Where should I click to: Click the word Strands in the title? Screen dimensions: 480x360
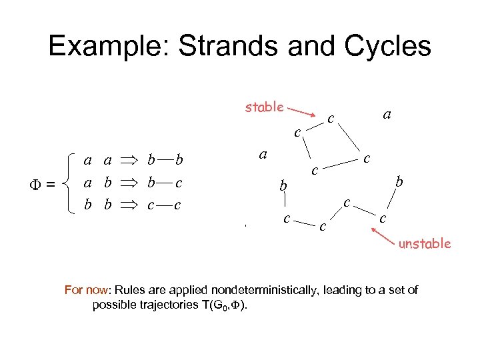(231, 46)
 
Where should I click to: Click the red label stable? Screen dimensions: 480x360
(265, 107)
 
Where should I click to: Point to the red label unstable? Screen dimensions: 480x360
(425, 243)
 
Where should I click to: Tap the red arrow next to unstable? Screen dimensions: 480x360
(385, 235)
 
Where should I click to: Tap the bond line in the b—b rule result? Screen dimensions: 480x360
(165, 161)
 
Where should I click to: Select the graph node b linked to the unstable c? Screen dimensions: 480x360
(399, 181)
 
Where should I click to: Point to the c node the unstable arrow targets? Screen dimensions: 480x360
(382, 218)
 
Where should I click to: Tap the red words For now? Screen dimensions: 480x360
(87, 290)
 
